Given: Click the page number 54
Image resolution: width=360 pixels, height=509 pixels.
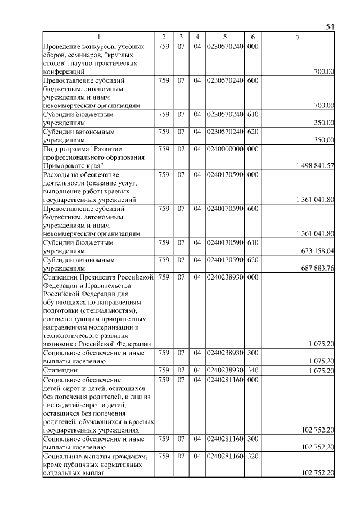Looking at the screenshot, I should [330, 27].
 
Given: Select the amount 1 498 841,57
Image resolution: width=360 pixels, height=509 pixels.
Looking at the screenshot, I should [315, 165].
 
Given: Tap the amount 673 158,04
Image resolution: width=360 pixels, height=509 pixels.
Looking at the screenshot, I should [318, 251].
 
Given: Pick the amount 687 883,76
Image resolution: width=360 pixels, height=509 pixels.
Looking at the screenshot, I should [318, 268].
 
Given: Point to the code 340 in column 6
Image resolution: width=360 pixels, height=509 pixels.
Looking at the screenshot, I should [253, 371].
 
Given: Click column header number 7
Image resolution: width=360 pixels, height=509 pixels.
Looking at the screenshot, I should [298, 37].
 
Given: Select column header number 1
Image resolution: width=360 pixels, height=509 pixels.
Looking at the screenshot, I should [98, 37].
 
